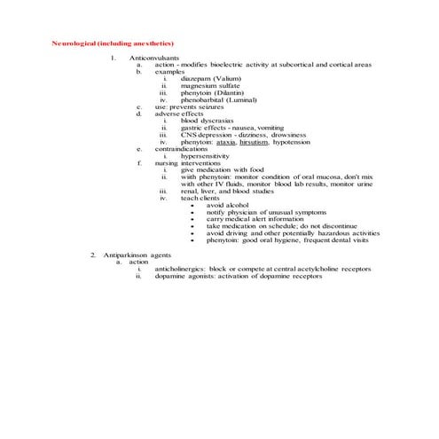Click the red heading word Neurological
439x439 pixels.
[x=74, y=43]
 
